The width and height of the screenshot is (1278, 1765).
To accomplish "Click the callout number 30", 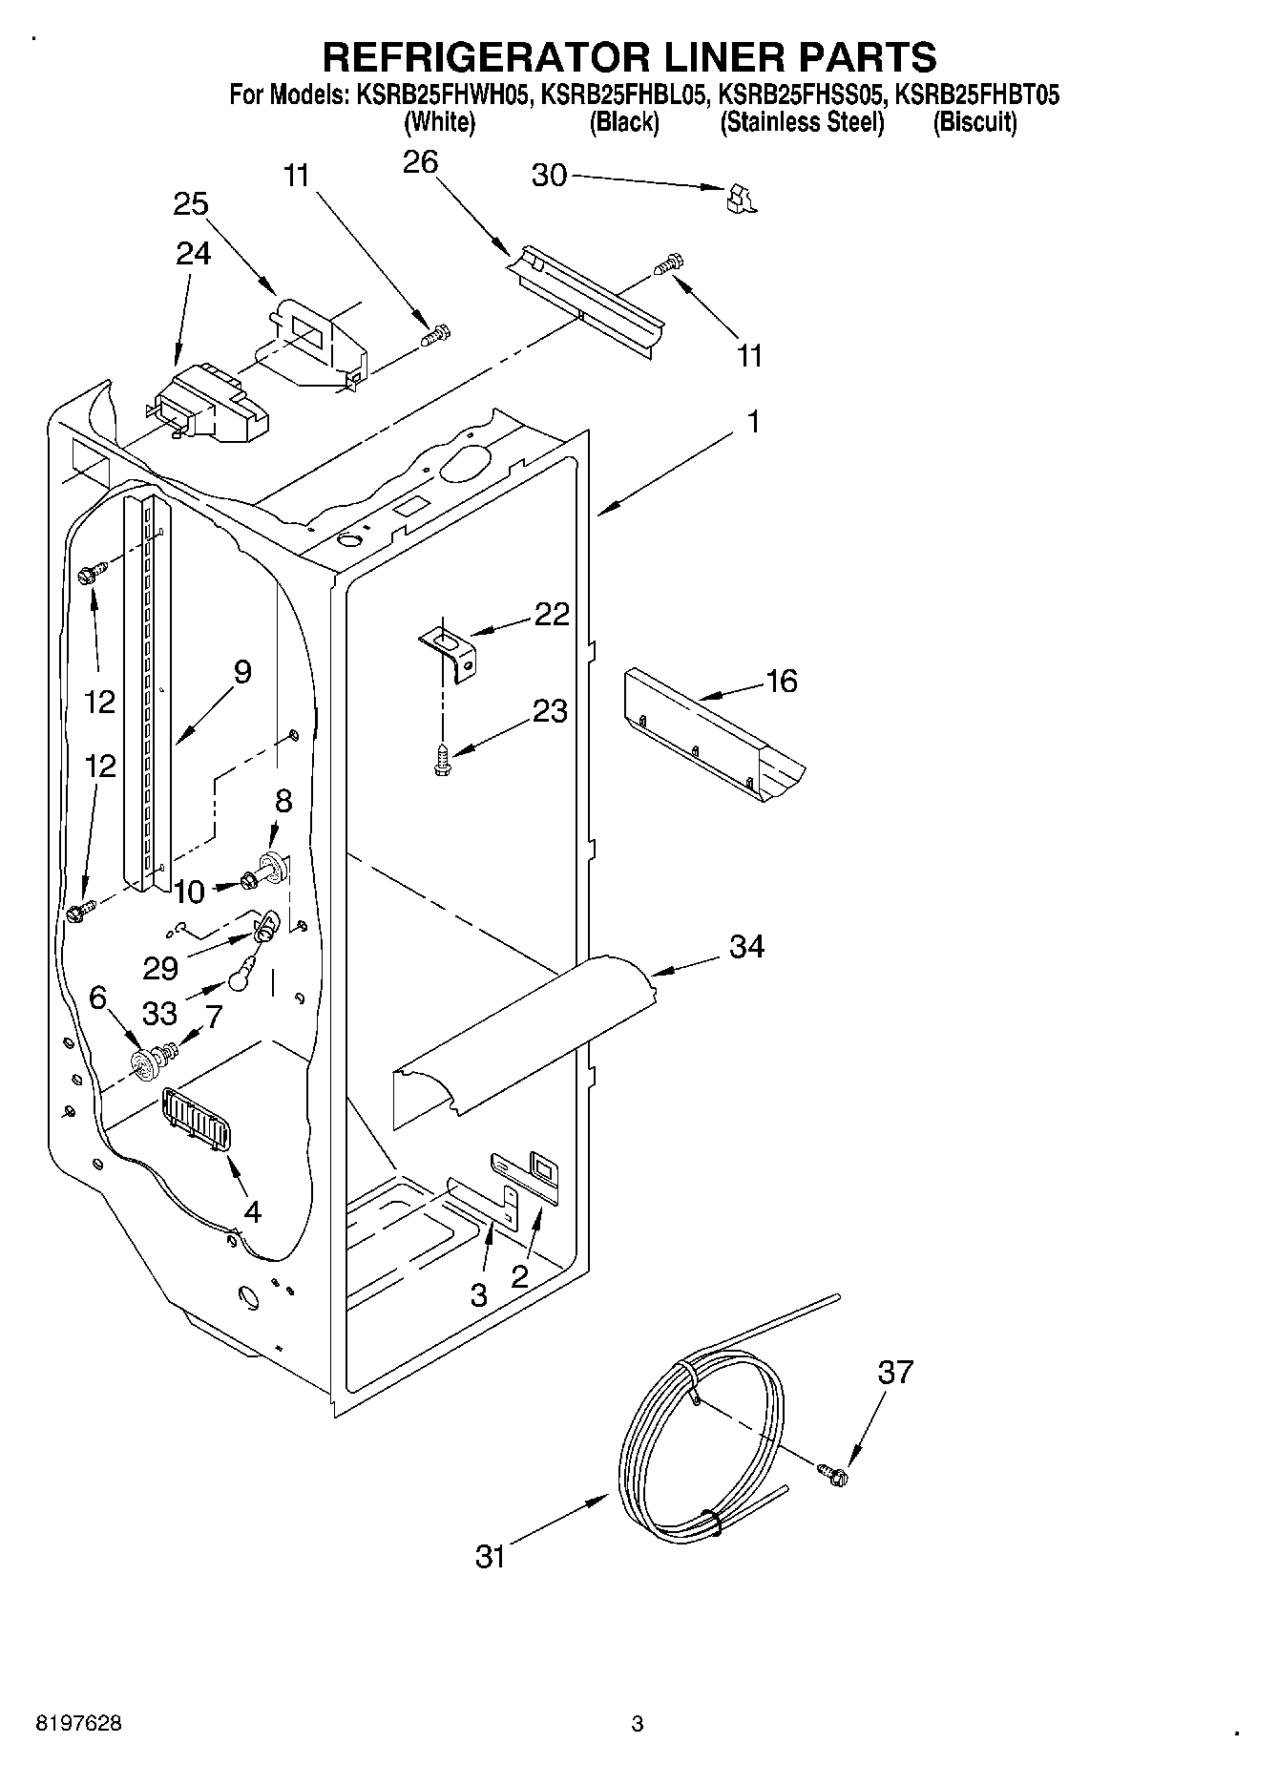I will point(549,176).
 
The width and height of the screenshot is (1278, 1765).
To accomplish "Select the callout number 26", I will point(420,162).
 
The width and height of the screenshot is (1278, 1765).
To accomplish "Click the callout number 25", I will point(191,204).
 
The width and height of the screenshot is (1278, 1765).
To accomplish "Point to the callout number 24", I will point(193,253).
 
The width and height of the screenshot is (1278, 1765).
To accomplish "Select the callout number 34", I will point(746,947).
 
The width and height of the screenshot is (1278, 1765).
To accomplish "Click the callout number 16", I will point(781,682).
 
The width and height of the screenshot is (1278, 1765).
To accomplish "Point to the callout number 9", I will point(241,672).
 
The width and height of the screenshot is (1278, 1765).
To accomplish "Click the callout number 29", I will point(160,968).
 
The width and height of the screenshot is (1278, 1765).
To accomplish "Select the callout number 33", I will point(160,1012).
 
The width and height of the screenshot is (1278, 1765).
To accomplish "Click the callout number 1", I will point(753,421).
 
